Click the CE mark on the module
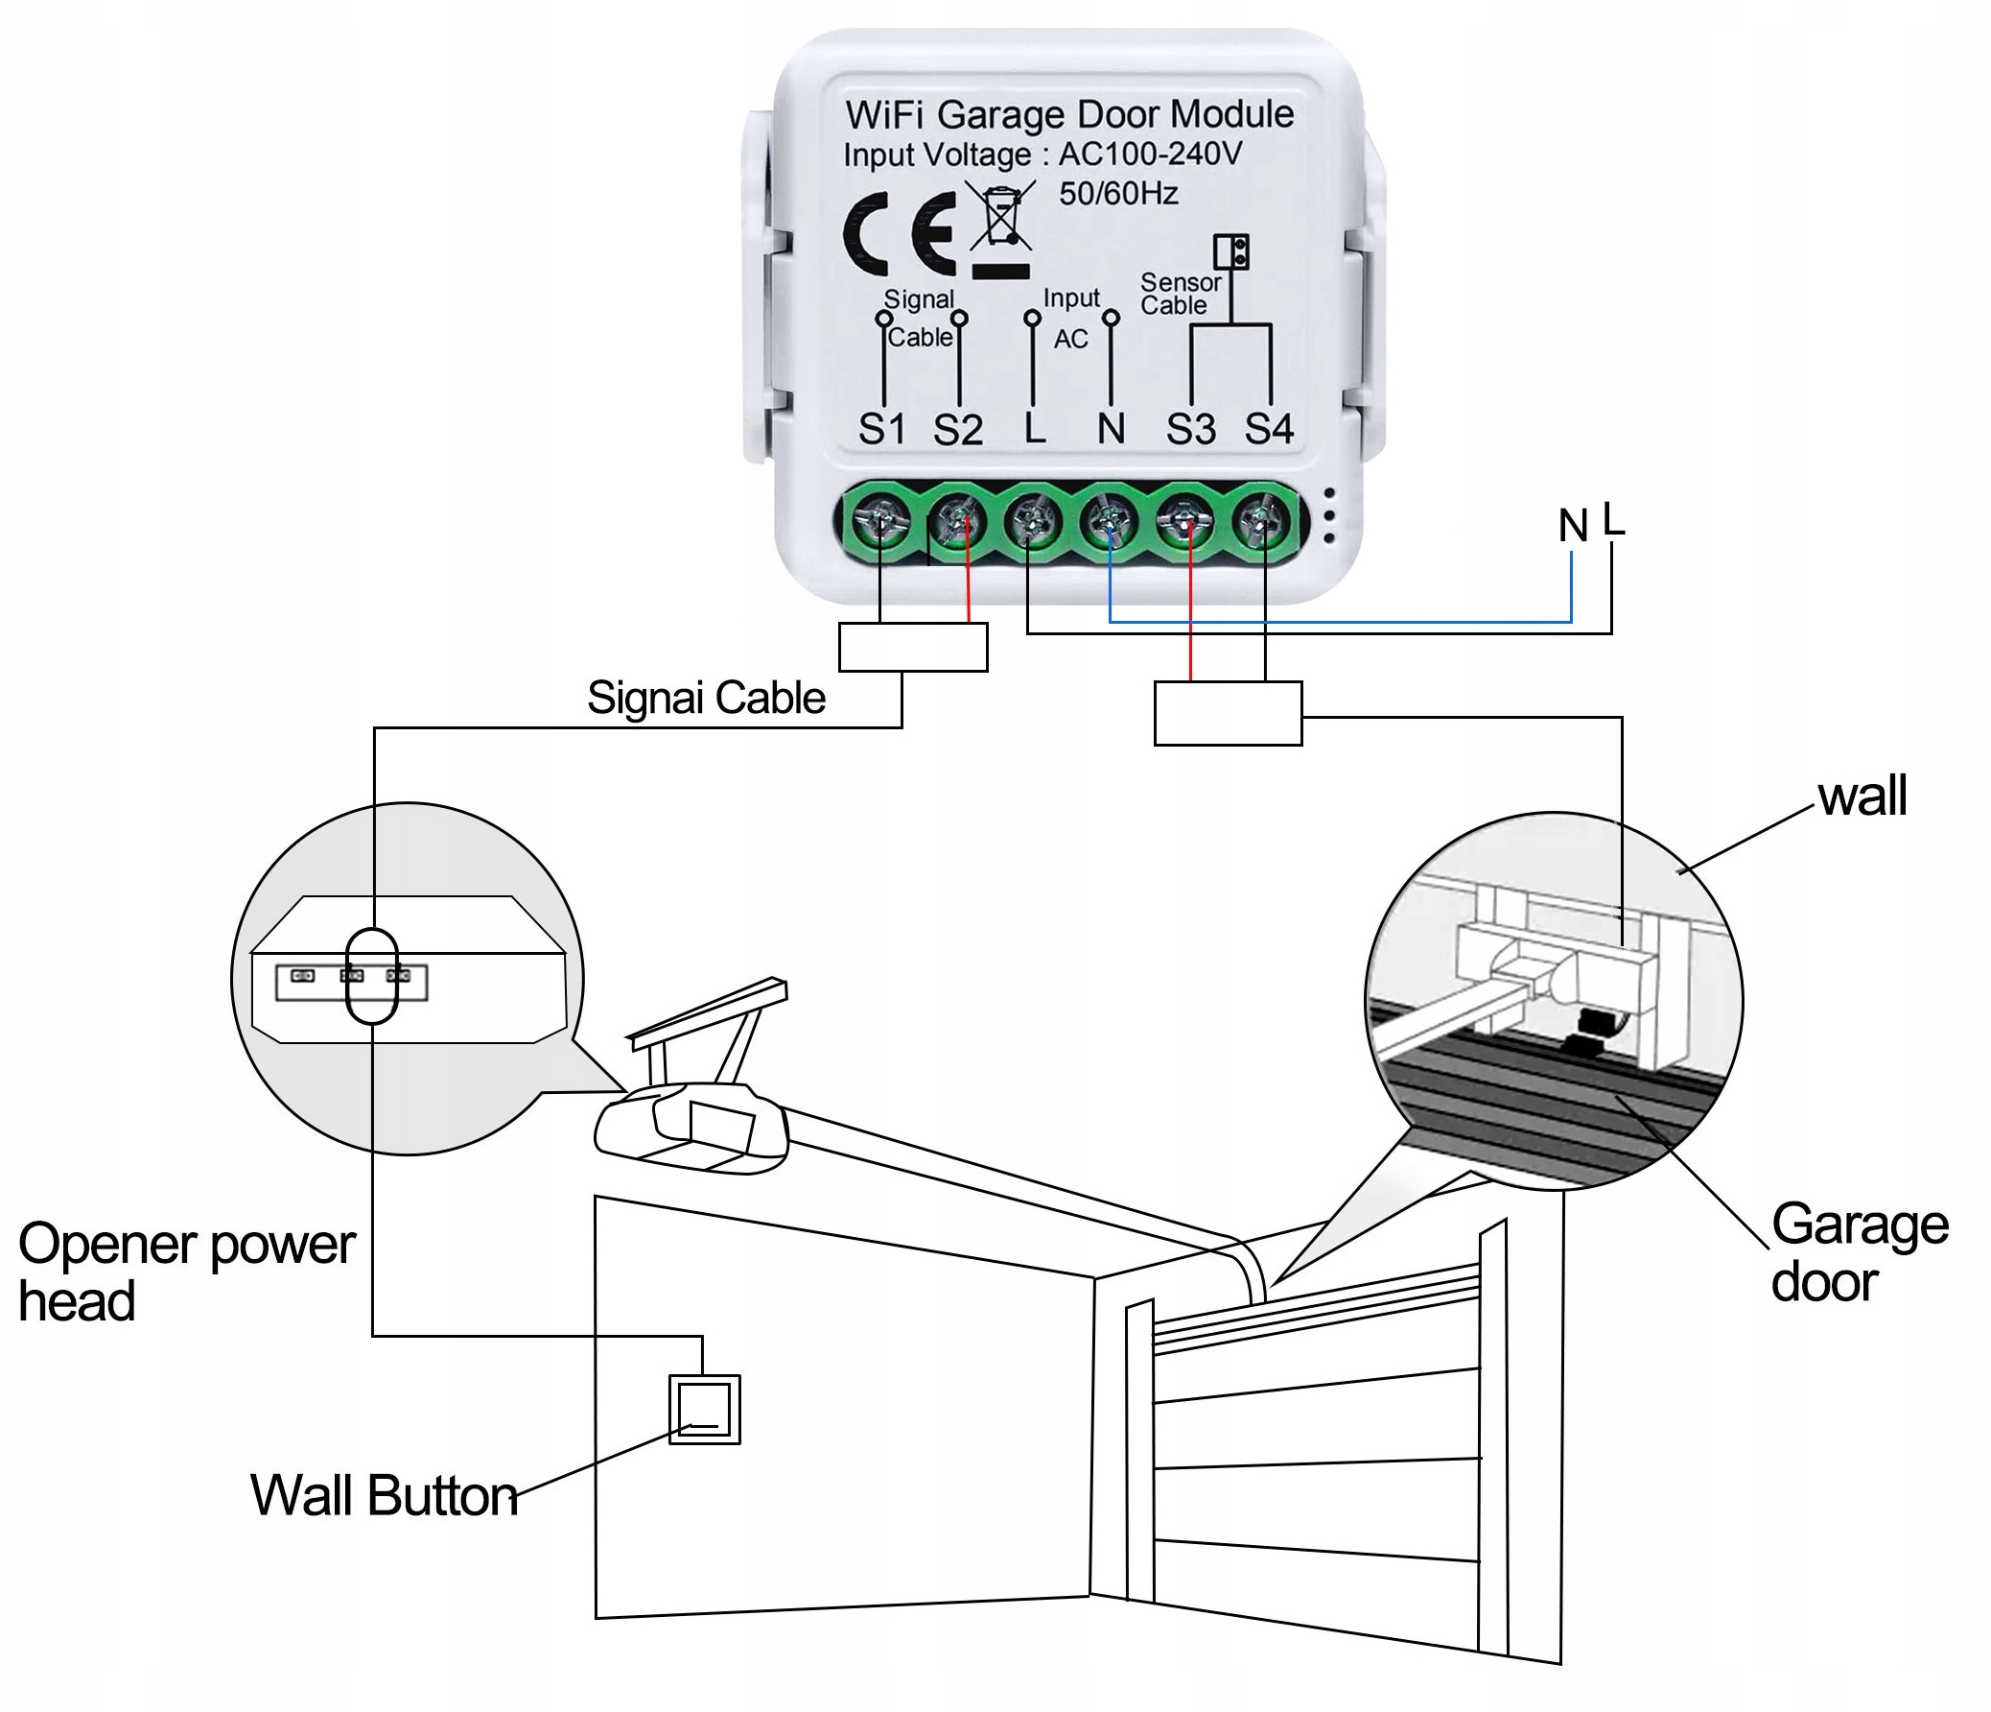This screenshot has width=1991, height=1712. coord(900,233)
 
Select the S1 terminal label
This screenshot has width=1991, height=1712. coord(882,429)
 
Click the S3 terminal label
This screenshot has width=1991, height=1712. coord(1190,429)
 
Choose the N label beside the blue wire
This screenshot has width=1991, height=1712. coord(1573,526)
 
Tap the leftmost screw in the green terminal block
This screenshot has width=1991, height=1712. coord(880,523)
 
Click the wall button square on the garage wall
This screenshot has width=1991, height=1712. coord(704,1409)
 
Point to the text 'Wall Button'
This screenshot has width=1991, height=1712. coord(385,1495)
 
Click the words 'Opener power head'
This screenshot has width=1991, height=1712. coord(186,1272)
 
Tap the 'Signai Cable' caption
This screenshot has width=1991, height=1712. coord(706,698)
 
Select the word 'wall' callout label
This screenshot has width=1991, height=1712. coord(1862,796)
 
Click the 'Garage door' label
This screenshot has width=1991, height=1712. coord(1860,1252)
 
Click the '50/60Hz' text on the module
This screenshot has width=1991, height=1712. coord(1118,194)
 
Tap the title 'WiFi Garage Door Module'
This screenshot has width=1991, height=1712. coord(1069,114)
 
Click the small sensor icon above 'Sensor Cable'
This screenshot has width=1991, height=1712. coord(1230,251)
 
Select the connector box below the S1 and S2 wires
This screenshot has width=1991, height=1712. coord(913,647)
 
